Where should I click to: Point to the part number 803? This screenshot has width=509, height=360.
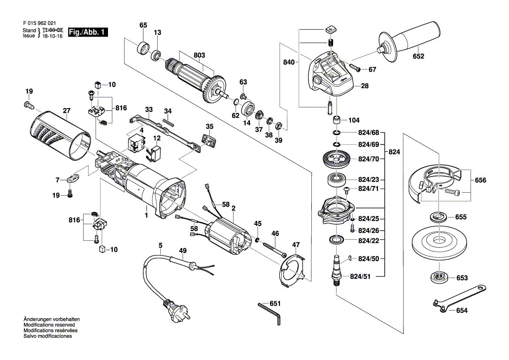tap(199, 55)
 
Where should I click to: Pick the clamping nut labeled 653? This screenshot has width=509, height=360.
tap(439, 277)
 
